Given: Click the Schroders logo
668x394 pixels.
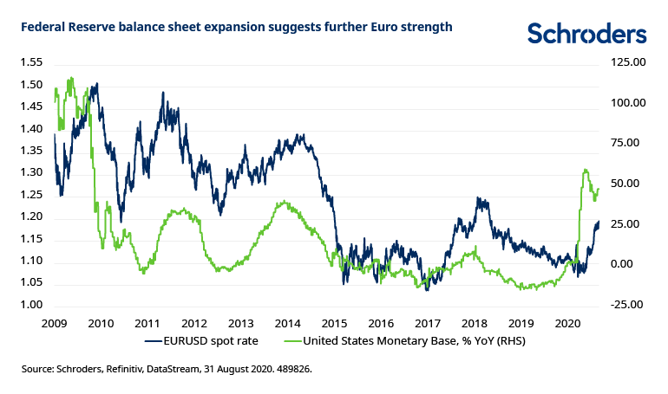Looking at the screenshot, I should click(586, 34).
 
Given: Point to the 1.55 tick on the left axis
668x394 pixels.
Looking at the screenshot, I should click(31, 62).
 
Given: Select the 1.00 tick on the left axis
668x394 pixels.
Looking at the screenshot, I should click(31, 305).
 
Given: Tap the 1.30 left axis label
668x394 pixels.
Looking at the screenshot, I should click(31, 172).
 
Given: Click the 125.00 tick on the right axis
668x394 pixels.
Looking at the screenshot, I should click(627, 62).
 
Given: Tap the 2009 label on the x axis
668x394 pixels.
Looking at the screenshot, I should click(55, 322).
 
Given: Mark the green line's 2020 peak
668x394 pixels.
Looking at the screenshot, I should click(586, 170).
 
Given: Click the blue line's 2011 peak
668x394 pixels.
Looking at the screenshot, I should click(163, 92).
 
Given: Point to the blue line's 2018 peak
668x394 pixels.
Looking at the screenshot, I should click(477, 198).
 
